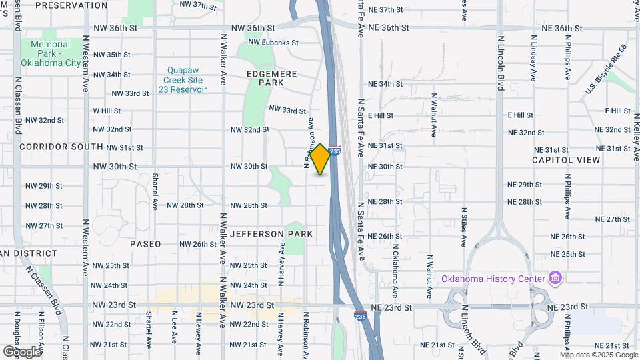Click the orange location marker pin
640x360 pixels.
tap(321, 159)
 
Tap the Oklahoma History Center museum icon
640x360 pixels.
tap(555, 277)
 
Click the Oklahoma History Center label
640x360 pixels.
tap(493, 277)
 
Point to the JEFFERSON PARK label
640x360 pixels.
tap(271, 235)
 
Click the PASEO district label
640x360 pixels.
tap(145, 244)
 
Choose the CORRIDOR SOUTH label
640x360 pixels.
tap(61, 146)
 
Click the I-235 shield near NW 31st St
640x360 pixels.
tap(335, 151)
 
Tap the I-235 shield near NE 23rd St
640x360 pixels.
tap(360, 316)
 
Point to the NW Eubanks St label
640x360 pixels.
tap(275, 43)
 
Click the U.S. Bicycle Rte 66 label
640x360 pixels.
tap(607, 70)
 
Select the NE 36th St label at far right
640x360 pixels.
tap(563, 29)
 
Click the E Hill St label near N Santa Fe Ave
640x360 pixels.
tap(381, 115)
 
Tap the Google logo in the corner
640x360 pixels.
tap(22, 351)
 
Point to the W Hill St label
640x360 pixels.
tap(107, 111)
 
